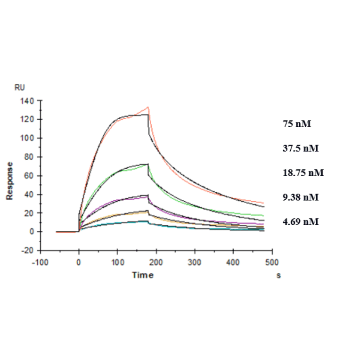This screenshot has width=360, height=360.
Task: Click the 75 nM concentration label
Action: [x=297, y=124]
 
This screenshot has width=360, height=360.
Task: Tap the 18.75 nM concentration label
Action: [x=303, y=172]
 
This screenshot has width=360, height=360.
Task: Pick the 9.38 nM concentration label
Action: [x=301, y=197]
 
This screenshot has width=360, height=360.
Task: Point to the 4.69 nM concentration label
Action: [x=301, y=221]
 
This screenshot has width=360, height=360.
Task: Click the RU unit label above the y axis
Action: [x=20, y=88]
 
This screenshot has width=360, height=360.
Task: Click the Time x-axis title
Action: [x=142, y=275]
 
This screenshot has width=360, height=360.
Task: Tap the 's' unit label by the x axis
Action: [x=278, y=275]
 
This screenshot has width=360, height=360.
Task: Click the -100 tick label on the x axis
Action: [x=40, y=262]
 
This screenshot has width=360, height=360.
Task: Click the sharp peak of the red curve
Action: [x=148, y=107]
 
